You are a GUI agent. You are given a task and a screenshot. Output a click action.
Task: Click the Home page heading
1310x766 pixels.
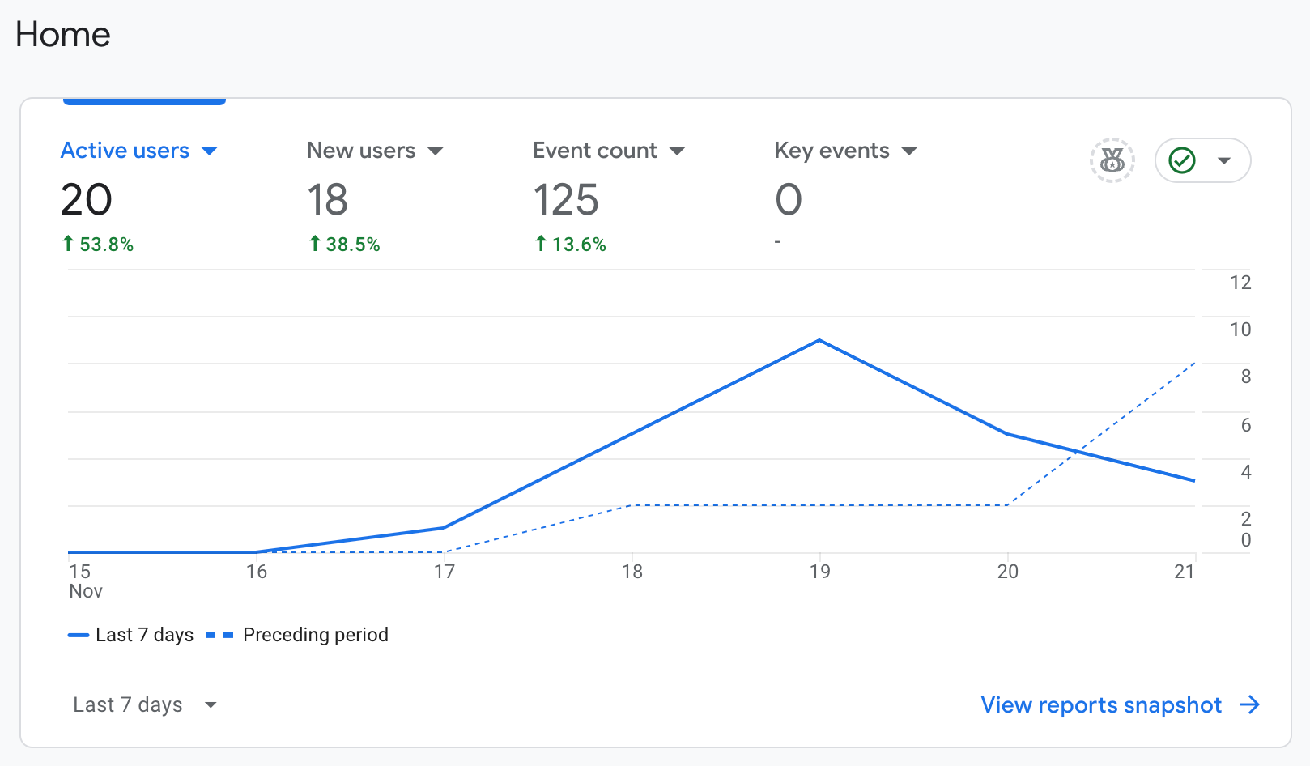tap(62, 34)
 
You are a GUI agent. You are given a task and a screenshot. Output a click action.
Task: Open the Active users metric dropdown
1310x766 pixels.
tap(209, 151)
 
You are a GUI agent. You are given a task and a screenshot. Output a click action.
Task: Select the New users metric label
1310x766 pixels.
tap(361, 151)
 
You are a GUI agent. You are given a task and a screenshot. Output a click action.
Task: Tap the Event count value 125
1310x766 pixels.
tap(565, 199)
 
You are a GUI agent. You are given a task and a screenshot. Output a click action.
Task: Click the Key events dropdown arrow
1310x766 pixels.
tap(908, 151)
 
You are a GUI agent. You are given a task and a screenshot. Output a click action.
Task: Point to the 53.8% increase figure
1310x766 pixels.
tap(98, 244)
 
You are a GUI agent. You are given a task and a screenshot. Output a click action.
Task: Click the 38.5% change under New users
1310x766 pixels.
tap(344, 244)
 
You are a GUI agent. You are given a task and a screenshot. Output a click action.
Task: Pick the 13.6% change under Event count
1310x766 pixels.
tap(570, 244)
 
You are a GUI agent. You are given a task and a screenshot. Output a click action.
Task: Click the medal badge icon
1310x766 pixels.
tap(1112, 160)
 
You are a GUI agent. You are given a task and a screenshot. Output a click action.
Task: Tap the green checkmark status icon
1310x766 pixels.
tap(1181, 160)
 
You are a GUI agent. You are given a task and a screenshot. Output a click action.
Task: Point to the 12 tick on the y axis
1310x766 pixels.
tap(1240, 283)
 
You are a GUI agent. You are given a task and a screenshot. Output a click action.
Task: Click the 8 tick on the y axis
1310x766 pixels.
tap(1246, 376)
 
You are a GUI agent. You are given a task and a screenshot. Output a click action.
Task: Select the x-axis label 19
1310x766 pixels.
tap(820, 572)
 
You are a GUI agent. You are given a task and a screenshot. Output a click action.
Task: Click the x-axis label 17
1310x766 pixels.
tap(444, 572)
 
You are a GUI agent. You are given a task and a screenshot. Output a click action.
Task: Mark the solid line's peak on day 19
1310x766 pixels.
tap(819, 340)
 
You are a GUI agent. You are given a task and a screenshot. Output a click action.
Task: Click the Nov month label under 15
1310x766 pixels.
tap(85, 591)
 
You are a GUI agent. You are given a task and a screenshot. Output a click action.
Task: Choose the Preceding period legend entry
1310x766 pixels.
tap(297, 635)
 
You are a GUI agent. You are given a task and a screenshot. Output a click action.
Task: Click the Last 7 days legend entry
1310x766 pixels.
tap(130, 635)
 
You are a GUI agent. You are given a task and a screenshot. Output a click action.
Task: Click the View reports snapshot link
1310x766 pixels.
tap(1121, 705)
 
